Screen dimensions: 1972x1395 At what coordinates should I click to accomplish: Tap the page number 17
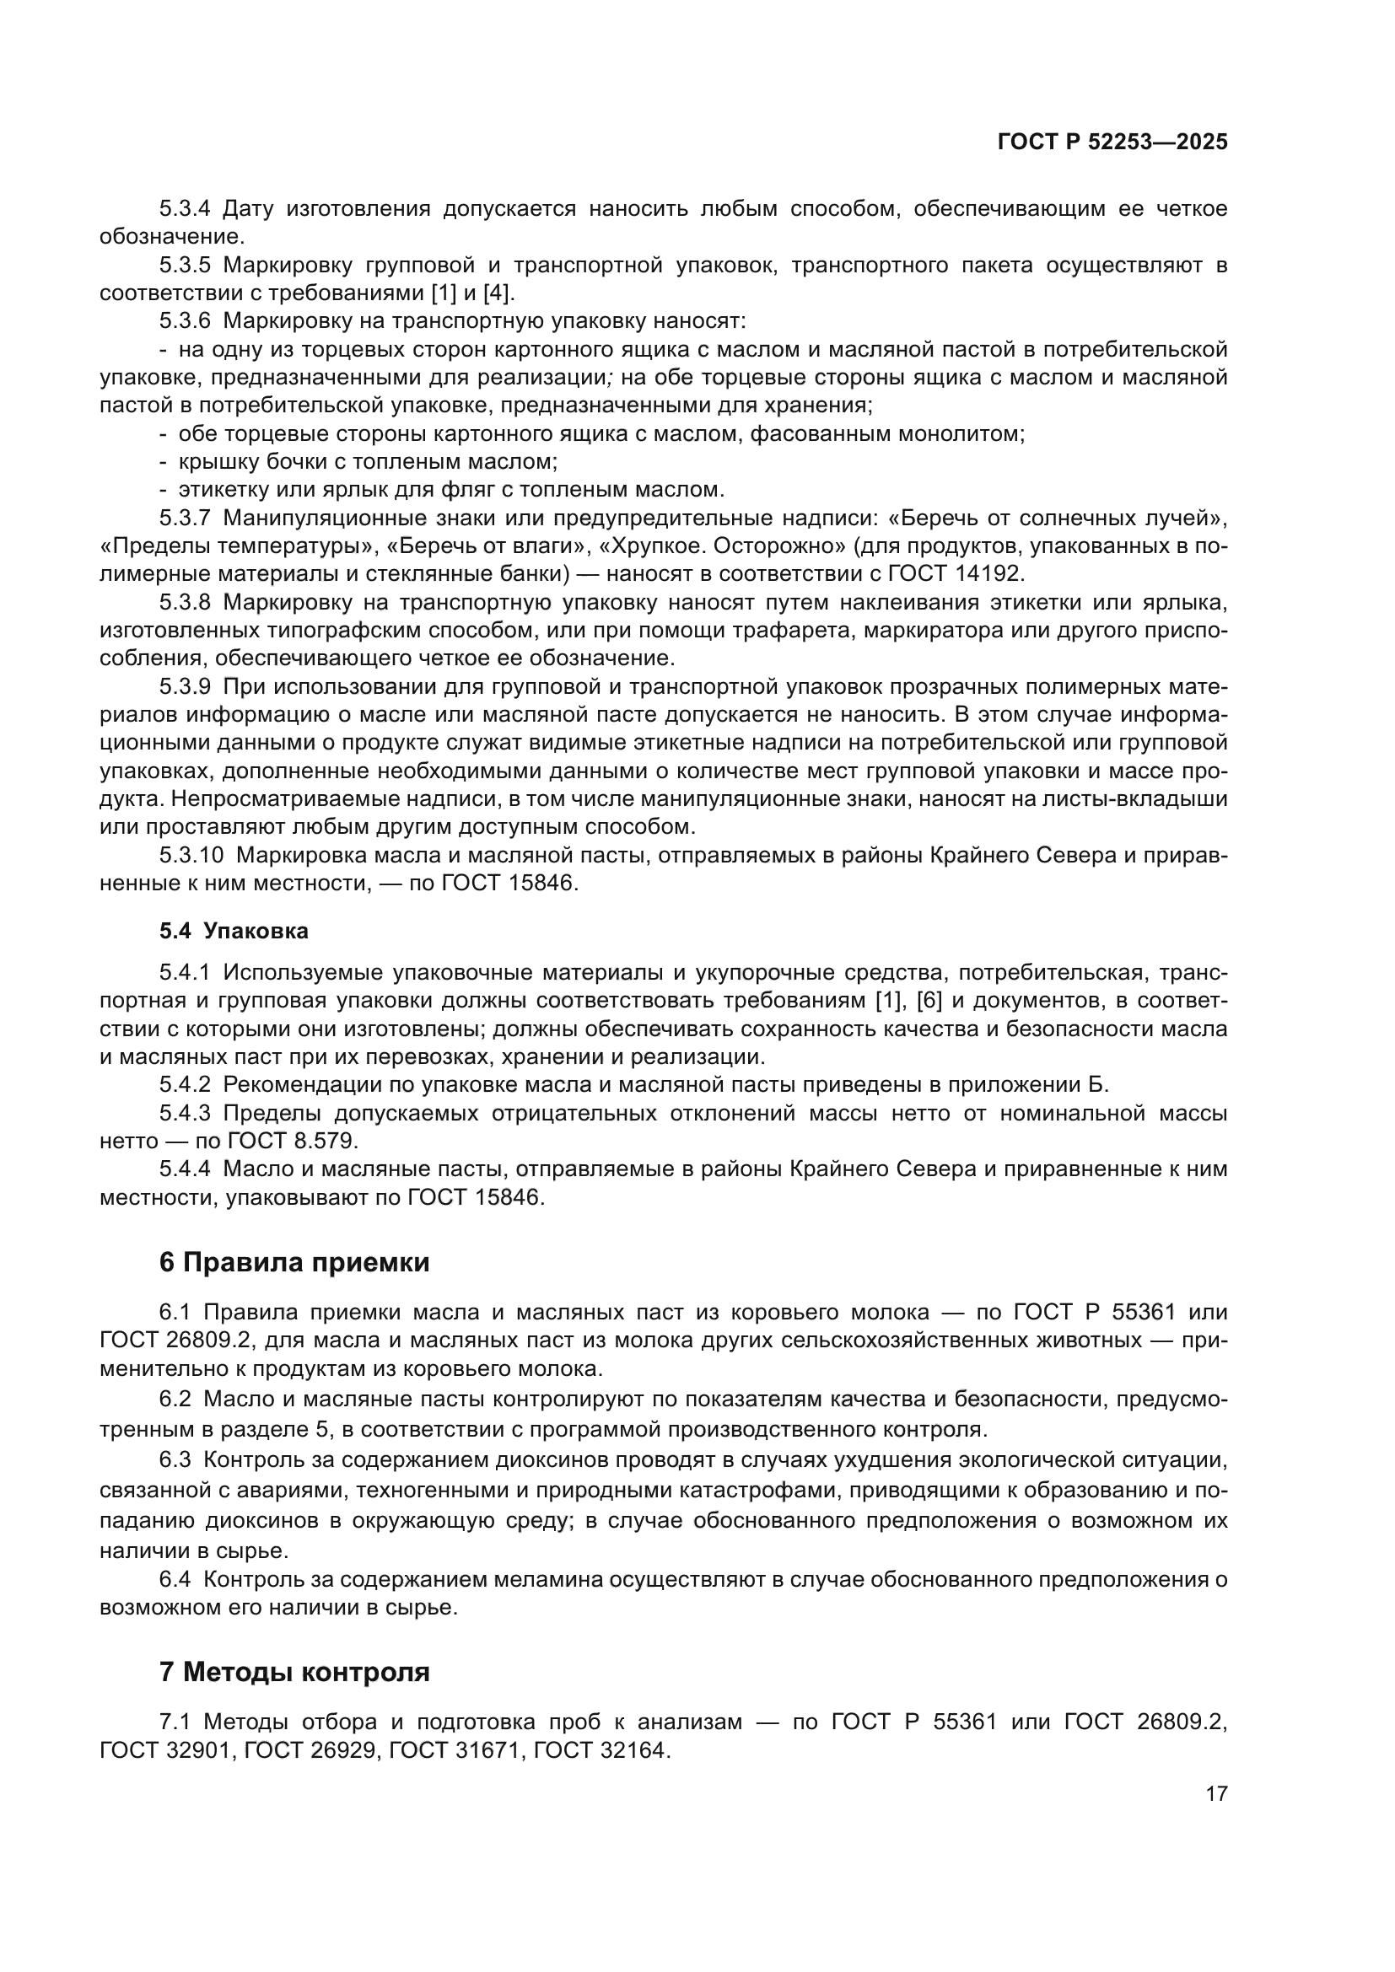coord(1216,1794)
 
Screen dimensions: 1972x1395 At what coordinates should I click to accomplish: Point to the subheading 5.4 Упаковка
coord(234,931)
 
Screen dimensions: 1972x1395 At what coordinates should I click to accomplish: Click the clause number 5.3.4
coord(185,209)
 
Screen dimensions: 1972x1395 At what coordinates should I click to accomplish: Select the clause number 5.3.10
coord(191,856)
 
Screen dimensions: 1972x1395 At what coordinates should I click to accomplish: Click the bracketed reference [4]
coord(498,293)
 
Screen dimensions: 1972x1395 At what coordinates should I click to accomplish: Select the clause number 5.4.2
coord(185,1086)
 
